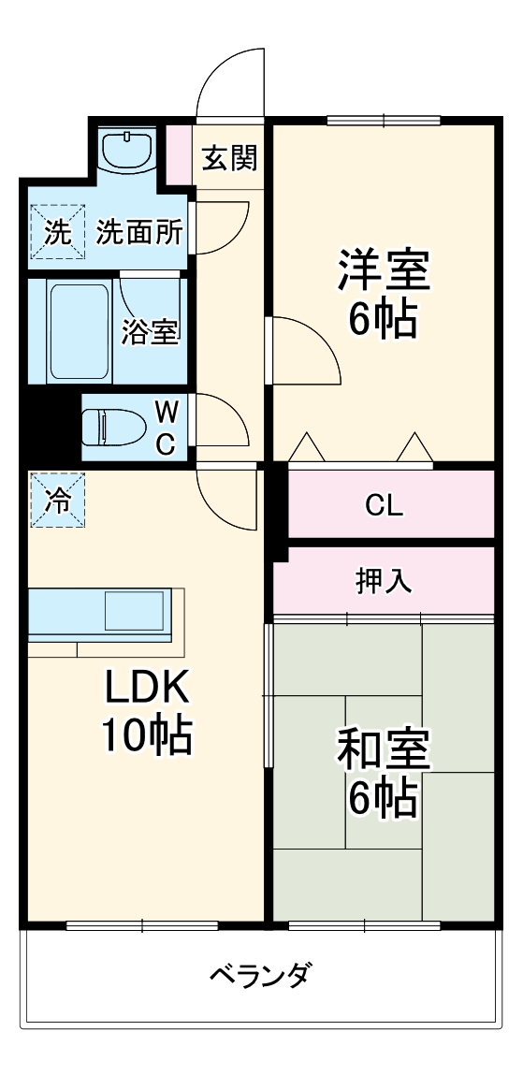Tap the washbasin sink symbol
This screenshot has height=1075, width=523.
[x=128, y=150]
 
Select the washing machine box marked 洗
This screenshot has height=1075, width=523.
[x=57, y=232]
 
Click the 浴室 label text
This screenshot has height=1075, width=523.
[x=151, y=332]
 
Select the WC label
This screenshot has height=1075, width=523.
[x=165, y=428]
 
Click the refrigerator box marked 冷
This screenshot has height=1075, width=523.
[x=57, y=501]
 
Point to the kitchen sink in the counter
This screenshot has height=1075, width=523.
[x=137, y=611]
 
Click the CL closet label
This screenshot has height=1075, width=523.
[x=384, y=506]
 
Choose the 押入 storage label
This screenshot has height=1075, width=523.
[x=384, y=581]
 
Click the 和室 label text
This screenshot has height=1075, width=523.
[x=384, y=748]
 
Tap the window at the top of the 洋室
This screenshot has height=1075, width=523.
[x=384, y=120]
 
